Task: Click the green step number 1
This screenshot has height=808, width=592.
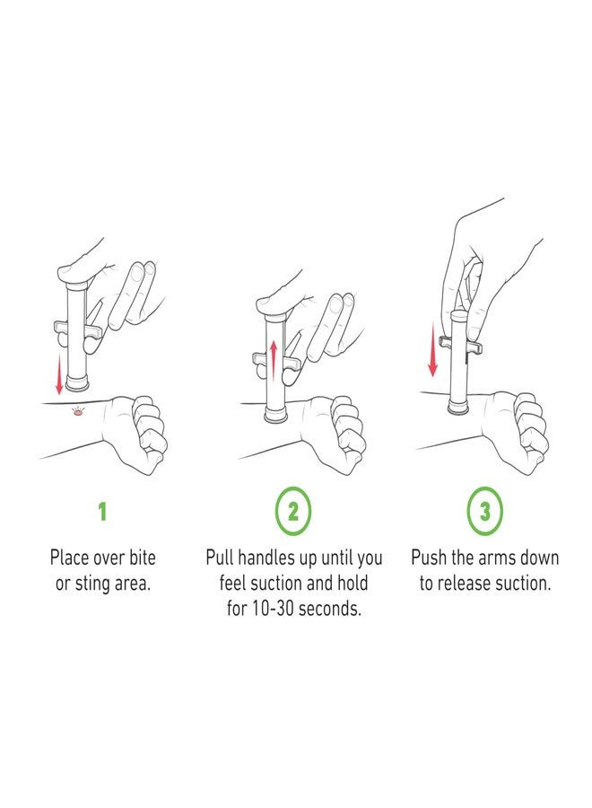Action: click(102, 511)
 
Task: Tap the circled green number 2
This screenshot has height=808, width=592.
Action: click(293, 511)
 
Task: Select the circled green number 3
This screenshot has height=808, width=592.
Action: click(485, 511)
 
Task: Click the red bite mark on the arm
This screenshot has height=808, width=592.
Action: click(78, 412)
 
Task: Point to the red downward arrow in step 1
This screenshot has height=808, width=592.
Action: click(59, 373)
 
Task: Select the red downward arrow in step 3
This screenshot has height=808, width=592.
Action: click(433, 349)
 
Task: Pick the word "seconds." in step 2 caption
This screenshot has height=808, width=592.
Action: click(330, 608)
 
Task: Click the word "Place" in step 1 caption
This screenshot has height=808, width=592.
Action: click(69, 557)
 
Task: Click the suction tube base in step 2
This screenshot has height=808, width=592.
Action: click(277, 414)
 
